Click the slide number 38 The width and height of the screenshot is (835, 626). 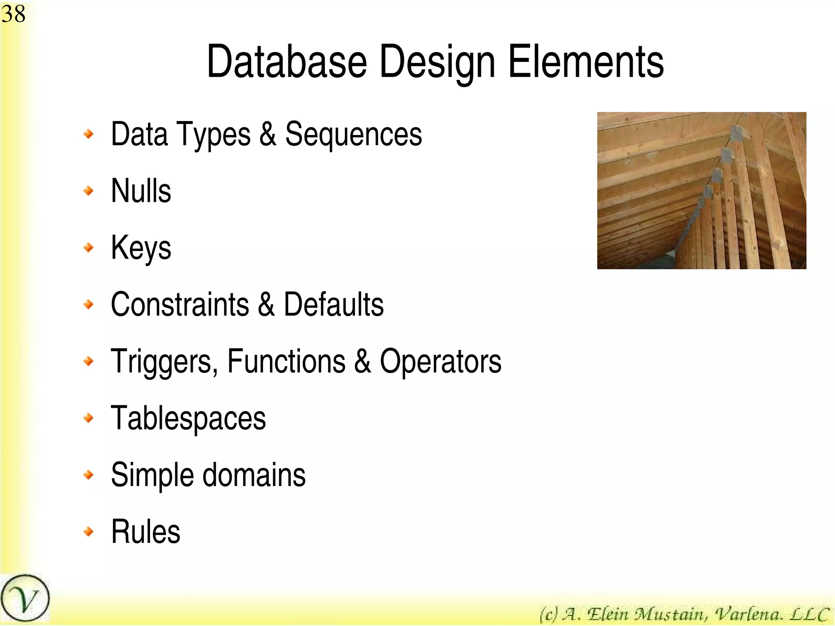(x=13, y=14)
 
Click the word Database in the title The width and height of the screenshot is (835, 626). (x=287, y=62)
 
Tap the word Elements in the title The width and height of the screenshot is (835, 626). (x=586, y=62)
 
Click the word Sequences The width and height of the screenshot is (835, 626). (x=353, y=134)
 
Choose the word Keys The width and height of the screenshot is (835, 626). (x=141, y=248)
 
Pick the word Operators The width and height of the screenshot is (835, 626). (x=440, y=361)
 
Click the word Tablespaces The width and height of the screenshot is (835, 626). (x=188, y=418)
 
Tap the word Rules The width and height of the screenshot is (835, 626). (x=146, y=532)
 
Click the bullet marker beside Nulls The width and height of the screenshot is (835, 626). (x=88, y=190)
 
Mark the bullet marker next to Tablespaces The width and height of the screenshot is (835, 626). (x=88, y=418)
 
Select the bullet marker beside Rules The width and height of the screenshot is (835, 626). (x=88, y=531)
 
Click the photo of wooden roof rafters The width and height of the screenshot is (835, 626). (x=701, y=190)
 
